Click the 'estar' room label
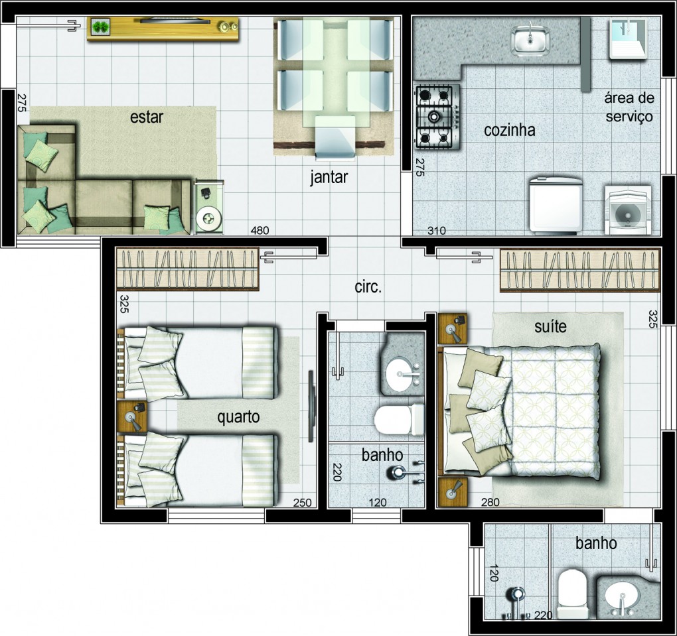pyautogui.click(x=147, y=117)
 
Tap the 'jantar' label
pyautogui.click(x=329, y=177)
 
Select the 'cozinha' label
pyautogui.click(x=510, y=130)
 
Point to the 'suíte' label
pyautogui.click(x=550, y=326)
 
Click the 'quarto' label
pyautogui.click(x=238, y=417)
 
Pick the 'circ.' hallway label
pyautogui.click(x=368, y=287)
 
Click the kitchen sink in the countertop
pyautogui.click(x=530, y=40)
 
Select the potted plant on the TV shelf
pyautogui.click(x=102, y=27)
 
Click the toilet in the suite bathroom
pyautogui.click(x=571, y=594)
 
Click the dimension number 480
pyautogui.click(x=260, y=230)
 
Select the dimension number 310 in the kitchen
pyautogui.click(x=437, y=231)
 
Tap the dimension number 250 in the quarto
pyautogui.click(x=302, y=503)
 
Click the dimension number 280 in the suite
pyautogui.click(x=490, y=502)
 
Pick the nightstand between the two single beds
pyautogui.click(x=133, y=417)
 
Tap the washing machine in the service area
pyautogui.click(x=628, y=210)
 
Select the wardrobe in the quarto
pyautogui.click(x=188, y=269)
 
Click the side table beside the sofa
pyautogui.click(x=209, y=207)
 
